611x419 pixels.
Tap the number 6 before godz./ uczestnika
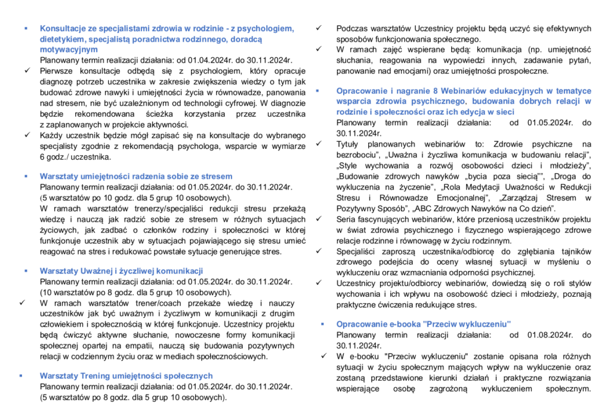pyautogui.click(x=42, y=157)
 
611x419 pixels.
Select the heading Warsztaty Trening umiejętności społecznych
pyautogui.click(x=126, y=376)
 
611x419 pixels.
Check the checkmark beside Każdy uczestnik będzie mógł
pyautogui.click(x=27, y=135)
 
